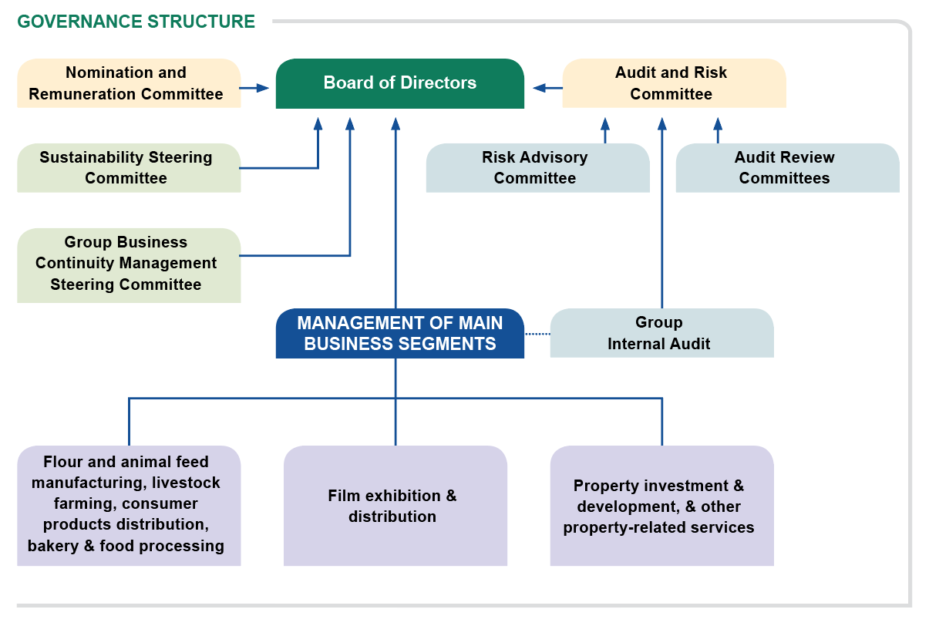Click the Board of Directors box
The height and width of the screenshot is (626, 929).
point(399,83)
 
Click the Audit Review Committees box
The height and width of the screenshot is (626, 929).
point(787,167)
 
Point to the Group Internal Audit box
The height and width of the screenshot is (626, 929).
point(661,333)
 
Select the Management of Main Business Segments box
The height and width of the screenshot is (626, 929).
point(399,333)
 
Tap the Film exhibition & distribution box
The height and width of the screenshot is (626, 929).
point(395,506)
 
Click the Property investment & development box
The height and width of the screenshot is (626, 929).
point(661,506)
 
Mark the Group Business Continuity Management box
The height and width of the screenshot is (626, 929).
point(128,264)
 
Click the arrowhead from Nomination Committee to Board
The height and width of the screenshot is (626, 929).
point(263,88)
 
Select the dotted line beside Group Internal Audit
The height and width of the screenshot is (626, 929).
point(537,334)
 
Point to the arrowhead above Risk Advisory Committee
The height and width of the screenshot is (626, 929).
point(605,123)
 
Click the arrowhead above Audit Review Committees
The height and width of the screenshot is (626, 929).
point(718,123)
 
